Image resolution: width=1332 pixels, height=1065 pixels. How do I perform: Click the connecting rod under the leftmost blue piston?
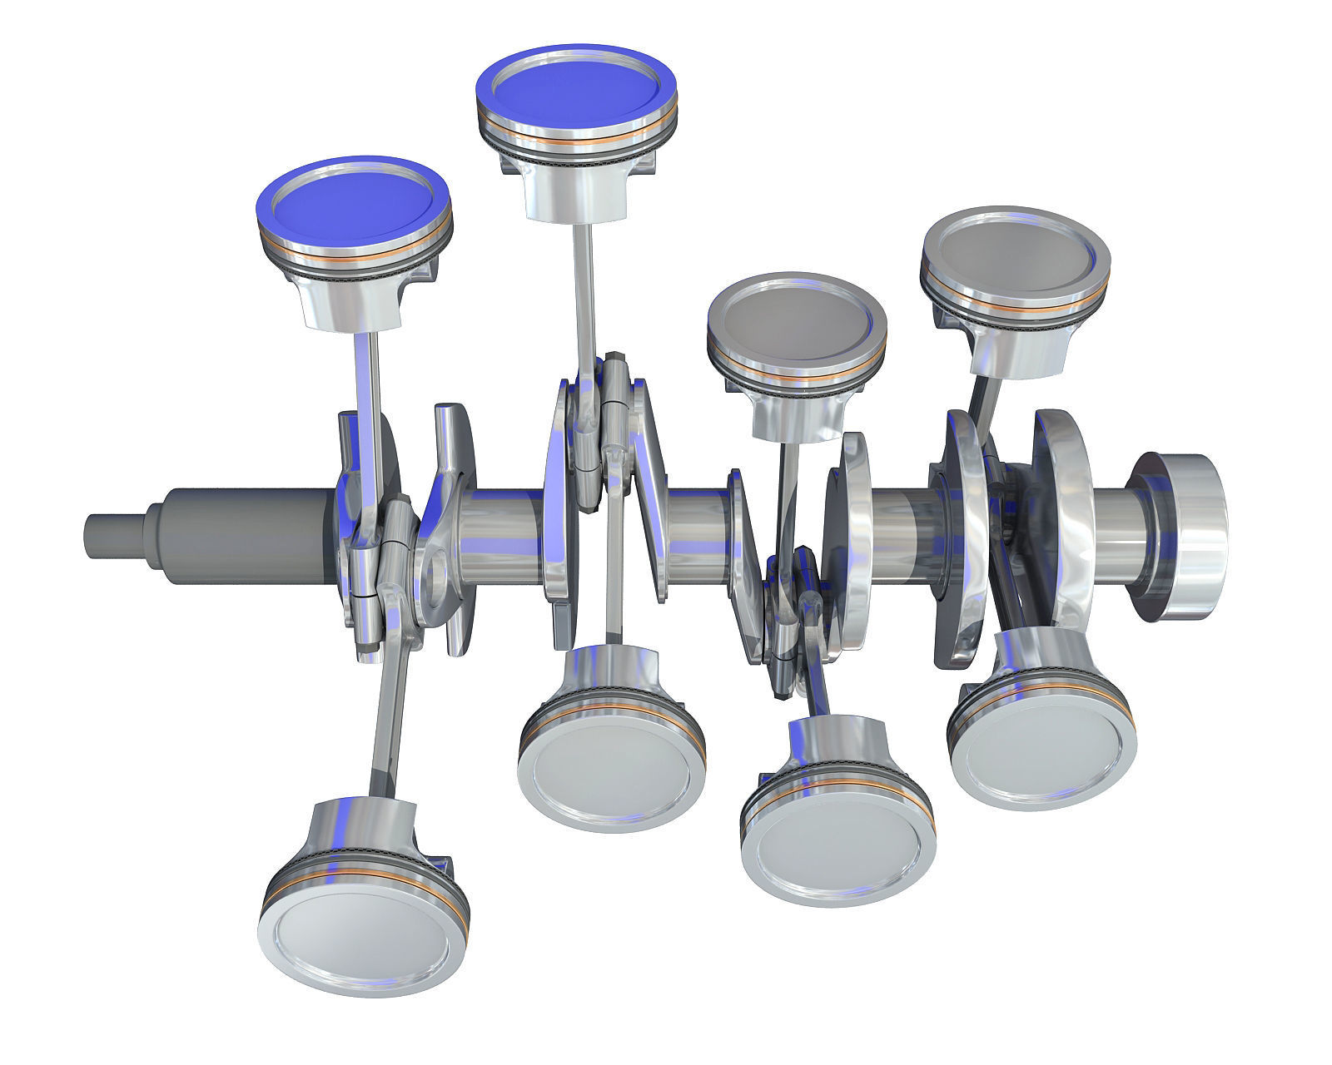(x=372, y=391)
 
